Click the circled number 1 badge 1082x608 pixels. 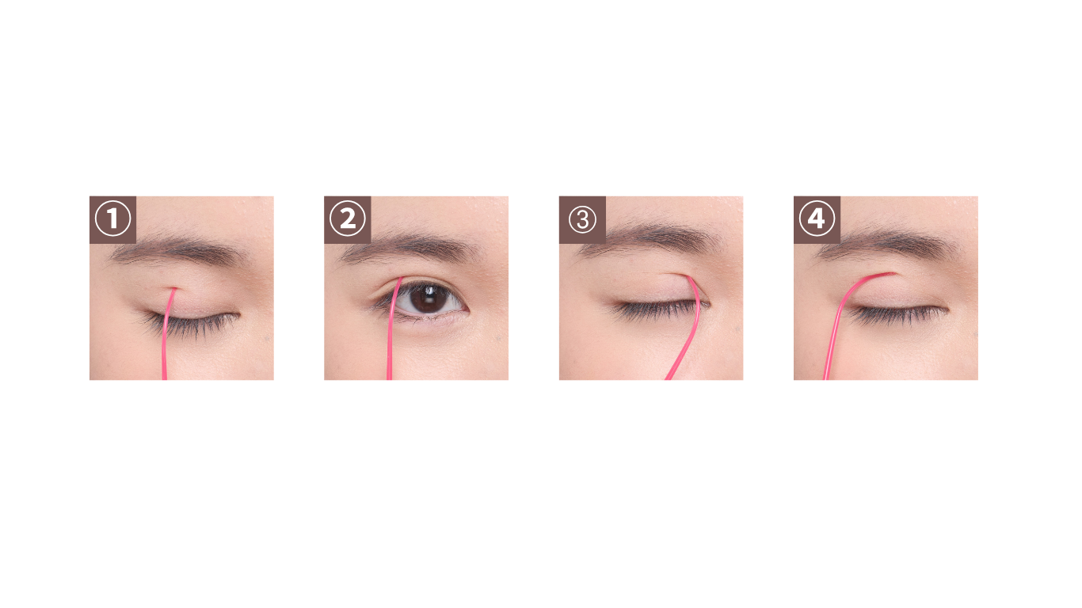tap(112, 219)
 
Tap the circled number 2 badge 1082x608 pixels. tap(347, 219)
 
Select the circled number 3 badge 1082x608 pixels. tap(582, 219)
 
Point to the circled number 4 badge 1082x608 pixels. tap(817, 219)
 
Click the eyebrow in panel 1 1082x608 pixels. tap(179, 250)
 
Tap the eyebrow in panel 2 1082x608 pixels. tap(410, 249)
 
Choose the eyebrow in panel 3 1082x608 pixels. tap(652, 238)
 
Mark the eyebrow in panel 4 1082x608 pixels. tap(889, 245)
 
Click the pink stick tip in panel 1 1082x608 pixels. tap(174, 289)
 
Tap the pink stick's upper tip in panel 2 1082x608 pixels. tap(401, 279)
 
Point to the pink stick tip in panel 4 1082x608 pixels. tap(893, 274)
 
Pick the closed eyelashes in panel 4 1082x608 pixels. tap(897, 315)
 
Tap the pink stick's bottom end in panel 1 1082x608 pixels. tap(164, 378)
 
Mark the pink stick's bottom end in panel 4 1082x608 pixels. tap(826, 378)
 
